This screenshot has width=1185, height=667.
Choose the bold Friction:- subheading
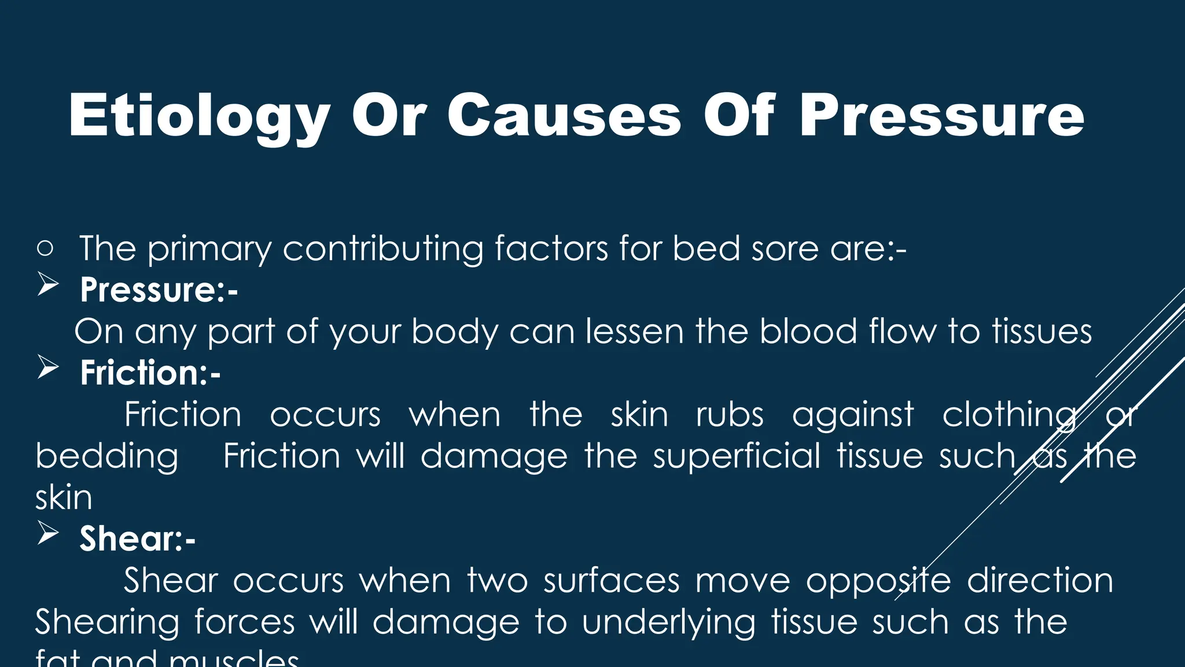pos(150,372)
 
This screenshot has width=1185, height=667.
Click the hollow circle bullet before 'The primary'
pos(45,248)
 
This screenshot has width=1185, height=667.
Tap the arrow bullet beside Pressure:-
pos(48,285)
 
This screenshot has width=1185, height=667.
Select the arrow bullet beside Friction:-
pos(48,368)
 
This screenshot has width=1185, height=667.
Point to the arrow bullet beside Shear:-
pos(48,534)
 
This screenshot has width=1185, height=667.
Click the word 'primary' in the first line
pos(209,250)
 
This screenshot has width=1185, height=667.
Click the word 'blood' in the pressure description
pos(808,332)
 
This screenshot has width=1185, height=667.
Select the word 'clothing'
pos(1009,416)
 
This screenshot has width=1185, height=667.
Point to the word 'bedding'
pos(107,457)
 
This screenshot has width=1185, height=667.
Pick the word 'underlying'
pos(668,623)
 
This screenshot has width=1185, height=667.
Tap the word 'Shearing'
pos(107,623)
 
